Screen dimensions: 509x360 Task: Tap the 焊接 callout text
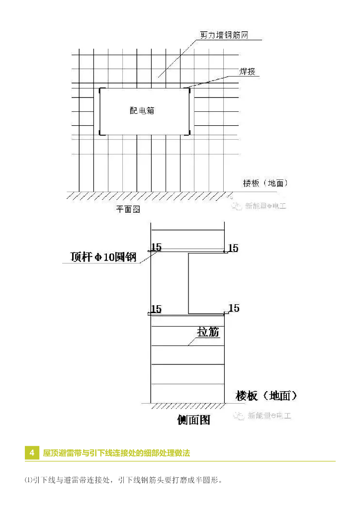tap(248, 72)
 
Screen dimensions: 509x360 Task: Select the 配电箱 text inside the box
tap(142, 111)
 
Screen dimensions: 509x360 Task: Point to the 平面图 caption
tap(128, 210)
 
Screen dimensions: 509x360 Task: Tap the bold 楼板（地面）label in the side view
tap(267, 396)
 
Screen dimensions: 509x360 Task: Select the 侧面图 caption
tap(194, 420)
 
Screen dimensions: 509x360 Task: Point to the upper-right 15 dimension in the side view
tap(233, 248)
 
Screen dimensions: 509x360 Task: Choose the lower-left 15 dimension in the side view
tap(156, 309)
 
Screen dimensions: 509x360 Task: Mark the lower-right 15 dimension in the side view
tap(234, 308)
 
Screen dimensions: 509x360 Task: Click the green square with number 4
tap(32, 453)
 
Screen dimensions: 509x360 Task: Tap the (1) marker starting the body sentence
tap(28, 480)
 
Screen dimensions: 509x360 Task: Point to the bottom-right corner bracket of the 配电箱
tap(189, 133)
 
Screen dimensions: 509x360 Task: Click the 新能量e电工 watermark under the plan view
tap(262, 206)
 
